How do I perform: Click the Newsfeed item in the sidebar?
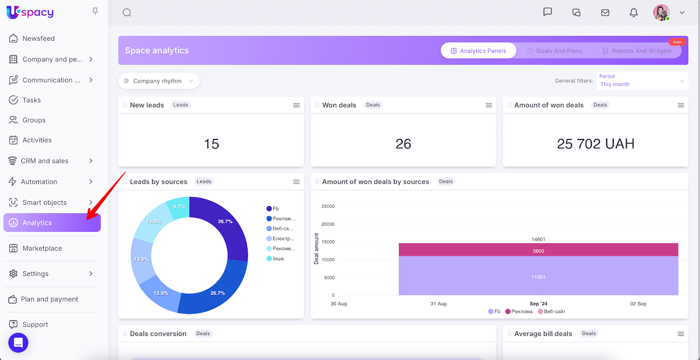tap(38, 38)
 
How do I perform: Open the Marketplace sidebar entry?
tap(42, 248)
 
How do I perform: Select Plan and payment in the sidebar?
tap(49, 299)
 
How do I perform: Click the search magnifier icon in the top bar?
tap(127, 13)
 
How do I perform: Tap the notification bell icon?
tap(633, 13)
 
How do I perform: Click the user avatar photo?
tap(661, 13)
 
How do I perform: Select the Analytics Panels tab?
tap(478, 51)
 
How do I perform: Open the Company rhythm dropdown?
tap(158, 81)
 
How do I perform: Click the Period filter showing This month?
tap(642, 81)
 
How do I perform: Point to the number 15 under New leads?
tap(211, 144)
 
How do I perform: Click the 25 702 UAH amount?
tap(595, 144)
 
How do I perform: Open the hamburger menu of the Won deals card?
tap(489, 105)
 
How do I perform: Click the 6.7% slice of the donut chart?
tap(179, 207)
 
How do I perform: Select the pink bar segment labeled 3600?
tap(538, 250)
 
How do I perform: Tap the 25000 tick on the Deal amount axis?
tap(328, 206)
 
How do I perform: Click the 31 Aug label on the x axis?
tap(438, 304)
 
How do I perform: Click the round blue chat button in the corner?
tap(18, 343)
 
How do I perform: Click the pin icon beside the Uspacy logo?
tap(95, 11)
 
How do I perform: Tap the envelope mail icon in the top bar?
tap(605, 13)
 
